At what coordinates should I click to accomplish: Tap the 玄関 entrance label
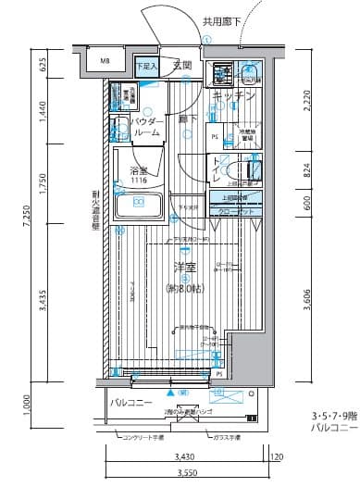coord(181,66)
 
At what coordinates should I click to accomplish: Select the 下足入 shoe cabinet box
coord(146,67)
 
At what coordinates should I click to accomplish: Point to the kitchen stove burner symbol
coord(222,71)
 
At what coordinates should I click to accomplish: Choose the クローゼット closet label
coord(239,212)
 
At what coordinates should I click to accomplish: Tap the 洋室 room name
coord(184,268)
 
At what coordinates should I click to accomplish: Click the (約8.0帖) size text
coord(184,288)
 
